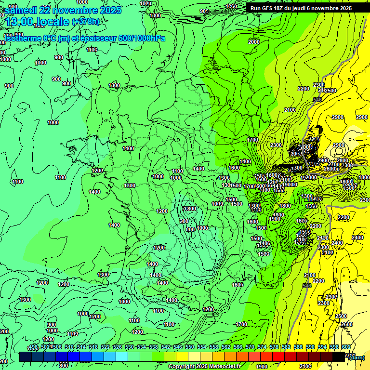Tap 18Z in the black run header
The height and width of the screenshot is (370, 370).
tap(282, 8)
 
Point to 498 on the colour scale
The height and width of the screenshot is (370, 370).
tap(34, 347)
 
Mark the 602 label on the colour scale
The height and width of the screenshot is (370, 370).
tap(346, 347)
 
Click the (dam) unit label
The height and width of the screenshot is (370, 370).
tap(357, 357)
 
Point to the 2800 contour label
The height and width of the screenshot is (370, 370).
tap(343, 160)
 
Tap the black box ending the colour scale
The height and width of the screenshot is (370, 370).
tap(339, 357)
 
